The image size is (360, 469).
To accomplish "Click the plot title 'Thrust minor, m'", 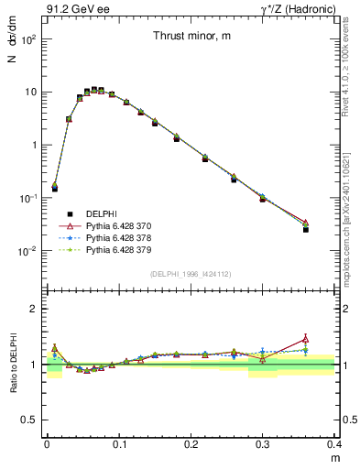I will pyautogui.click(x=191, y=37).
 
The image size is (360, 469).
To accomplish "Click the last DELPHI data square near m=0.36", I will pyautogui.click(x=306, y=229).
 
